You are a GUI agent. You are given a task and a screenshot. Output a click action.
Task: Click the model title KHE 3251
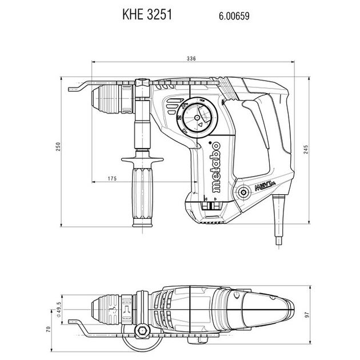point(147,14)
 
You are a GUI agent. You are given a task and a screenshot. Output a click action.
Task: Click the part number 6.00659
point(234,16)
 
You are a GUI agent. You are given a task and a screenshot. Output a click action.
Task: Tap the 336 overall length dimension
point(191,58)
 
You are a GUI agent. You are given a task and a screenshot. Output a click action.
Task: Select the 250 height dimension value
point(58,146)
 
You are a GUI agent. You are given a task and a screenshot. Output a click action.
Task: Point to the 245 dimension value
point(306,149)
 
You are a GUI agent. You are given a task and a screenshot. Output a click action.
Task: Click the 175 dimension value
point(112,178)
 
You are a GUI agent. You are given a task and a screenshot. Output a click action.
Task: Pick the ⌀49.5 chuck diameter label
point(59,310)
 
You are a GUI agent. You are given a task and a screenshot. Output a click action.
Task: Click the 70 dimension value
point(48,330)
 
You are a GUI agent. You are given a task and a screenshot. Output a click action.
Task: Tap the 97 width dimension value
point(307,314)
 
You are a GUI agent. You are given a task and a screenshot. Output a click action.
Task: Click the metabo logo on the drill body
point(216,167)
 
